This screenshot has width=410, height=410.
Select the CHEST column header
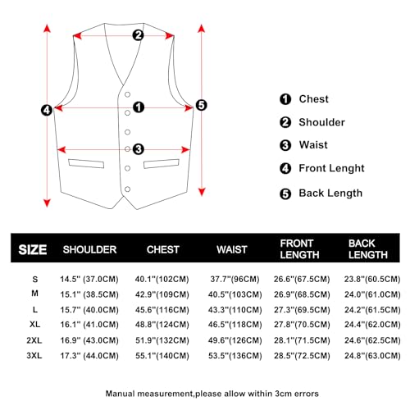click(x=162, y=248)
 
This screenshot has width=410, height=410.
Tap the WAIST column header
click(x=232, y=248)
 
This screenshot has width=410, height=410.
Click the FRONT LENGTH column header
click(x=296, y=248)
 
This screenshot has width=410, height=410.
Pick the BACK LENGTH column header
click(x=362, y=248)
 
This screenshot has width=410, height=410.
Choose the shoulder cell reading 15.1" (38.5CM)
click(x=89, y=294)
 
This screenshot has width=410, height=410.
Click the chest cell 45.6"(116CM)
click(x=162, y=310)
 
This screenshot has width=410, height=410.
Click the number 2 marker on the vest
click(x=138, y=34)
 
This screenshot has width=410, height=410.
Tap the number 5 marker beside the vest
click(x=202, y=105)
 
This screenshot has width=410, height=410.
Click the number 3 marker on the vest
click(x=138, y=148)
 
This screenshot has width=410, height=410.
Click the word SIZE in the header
click(x=32, y=249)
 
